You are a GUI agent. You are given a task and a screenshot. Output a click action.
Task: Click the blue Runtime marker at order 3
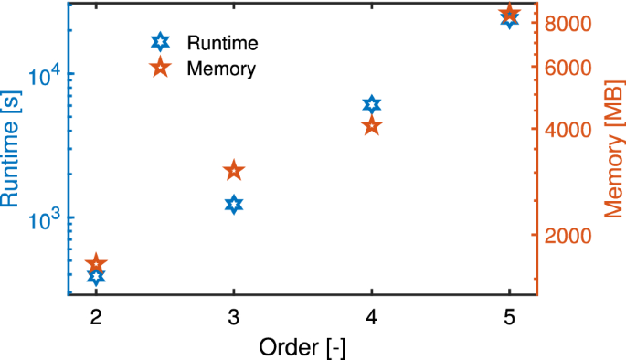pos(234,204)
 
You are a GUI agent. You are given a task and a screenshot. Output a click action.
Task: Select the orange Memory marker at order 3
pos(234,171)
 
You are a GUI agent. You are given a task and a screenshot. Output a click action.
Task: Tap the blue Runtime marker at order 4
pos(371,104)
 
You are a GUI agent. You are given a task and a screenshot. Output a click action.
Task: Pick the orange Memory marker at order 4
pos(371,126)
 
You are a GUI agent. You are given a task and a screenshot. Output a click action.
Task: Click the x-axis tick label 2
pos(96,316)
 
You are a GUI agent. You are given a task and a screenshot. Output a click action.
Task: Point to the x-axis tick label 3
pos(234,316)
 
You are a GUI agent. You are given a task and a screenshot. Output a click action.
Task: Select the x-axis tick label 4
pos(371,316)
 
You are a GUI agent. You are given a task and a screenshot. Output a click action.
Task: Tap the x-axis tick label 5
pos(509,316)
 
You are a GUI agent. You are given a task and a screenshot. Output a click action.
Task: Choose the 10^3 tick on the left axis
pos(45,219)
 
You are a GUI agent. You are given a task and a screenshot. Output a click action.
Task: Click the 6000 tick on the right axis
pos(567,68)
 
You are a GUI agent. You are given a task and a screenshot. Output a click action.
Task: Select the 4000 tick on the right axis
pos(567,129)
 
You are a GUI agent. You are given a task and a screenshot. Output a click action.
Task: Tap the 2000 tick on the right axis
pos(567,236)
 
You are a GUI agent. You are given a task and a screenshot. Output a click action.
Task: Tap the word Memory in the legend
pos(220,68)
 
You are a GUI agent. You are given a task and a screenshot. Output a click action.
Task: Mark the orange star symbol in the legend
pos(160,68)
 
